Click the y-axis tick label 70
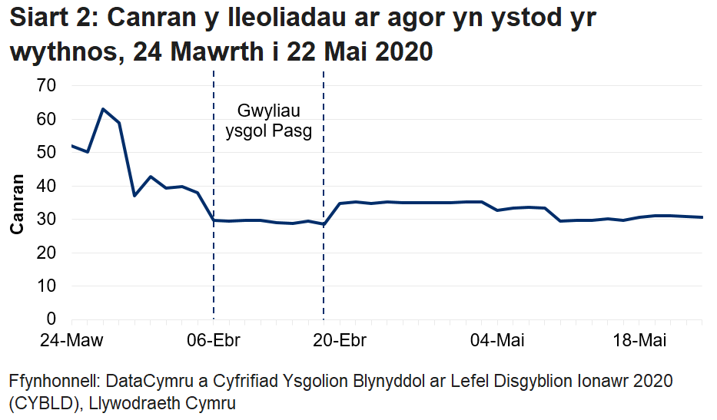[x=47, y=86]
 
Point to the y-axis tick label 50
[x=47, y=153]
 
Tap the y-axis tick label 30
[x=47, y=220]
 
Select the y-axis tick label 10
[x=47, y=286]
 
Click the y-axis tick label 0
[x=51, y=319]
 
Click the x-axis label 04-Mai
[x=493, y=340]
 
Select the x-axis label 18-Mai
[x=642, y=340]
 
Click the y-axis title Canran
[x=16, y=203]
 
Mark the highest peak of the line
[x=103, y=109]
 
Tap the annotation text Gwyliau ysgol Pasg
[x=268, y=121]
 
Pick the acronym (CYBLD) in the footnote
[x=38, y=402]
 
